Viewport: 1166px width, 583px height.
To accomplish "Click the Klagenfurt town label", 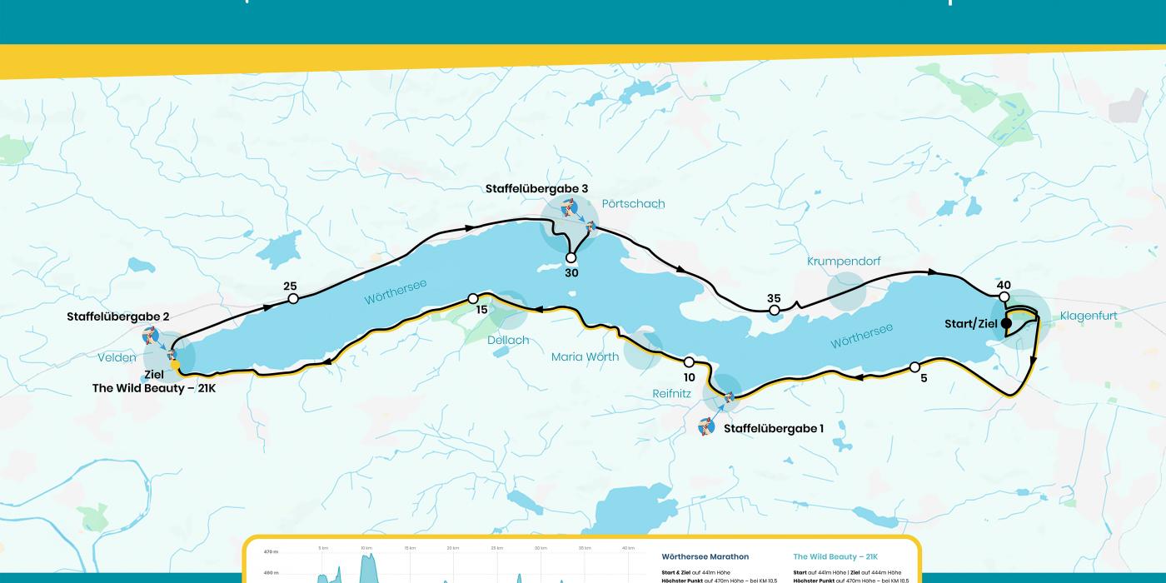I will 1089,316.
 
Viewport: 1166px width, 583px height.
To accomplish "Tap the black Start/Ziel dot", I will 1005,323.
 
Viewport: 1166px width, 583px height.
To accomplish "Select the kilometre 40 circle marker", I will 1004,297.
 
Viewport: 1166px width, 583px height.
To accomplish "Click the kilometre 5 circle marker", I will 914,366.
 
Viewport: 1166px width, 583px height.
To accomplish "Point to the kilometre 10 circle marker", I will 689,362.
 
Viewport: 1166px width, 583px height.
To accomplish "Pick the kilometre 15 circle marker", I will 473,298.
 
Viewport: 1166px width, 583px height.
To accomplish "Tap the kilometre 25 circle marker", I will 292,298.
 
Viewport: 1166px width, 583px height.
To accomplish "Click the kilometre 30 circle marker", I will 571,258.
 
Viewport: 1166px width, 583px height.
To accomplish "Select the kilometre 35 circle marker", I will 774,311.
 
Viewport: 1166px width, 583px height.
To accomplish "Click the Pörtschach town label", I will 633,204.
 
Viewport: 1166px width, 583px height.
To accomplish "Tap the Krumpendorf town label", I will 844,262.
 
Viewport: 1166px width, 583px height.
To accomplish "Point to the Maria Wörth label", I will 585,357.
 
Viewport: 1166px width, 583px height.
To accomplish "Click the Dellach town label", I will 509,340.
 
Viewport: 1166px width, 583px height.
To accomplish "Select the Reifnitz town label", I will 672,393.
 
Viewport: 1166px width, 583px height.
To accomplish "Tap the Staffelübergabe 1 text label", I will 773,428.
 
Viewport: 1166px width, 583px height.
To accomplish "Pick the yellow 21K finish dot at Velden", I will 175,365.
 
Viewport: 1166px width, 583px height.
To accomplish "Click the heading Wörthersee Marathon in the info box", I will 705,556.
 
